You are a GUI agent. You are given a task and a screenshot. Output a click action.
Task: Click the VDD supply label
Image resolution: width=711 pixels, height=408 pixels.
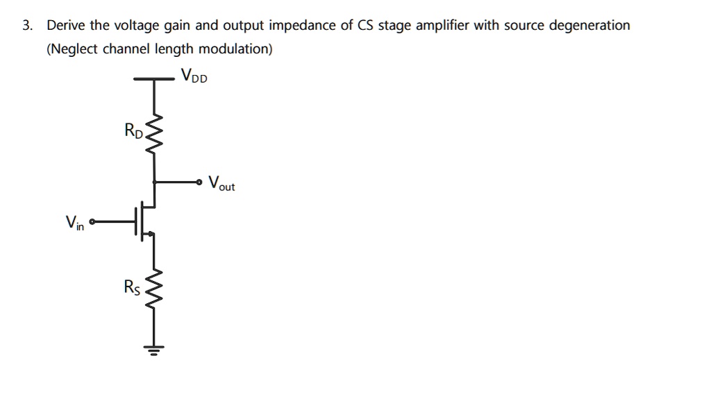coord(193,76)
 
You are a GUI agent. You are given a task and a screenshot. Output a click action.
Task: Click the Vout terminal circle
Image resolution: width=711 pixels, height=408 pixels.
coord(199,182)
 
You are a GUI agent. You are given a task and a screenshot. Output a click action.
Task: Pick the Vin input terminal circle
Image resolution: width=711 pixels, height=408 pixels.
coord(93,222)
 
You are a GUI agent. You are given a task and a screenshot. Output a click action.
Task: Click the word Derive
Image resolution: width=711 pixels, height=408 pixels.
coord(67,26)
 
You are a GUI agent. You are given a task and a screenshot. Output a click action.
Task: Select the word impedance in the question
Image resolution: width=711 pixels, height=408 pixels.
coord(302,26)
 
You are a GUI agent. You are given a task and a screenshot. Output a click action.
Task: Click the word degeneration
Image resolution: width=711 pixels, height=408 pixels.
coord(590,26)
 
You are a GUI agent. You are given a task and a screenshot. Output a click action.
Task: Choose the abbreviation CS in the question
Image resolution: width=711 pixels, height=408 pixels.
coord(366,26)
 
